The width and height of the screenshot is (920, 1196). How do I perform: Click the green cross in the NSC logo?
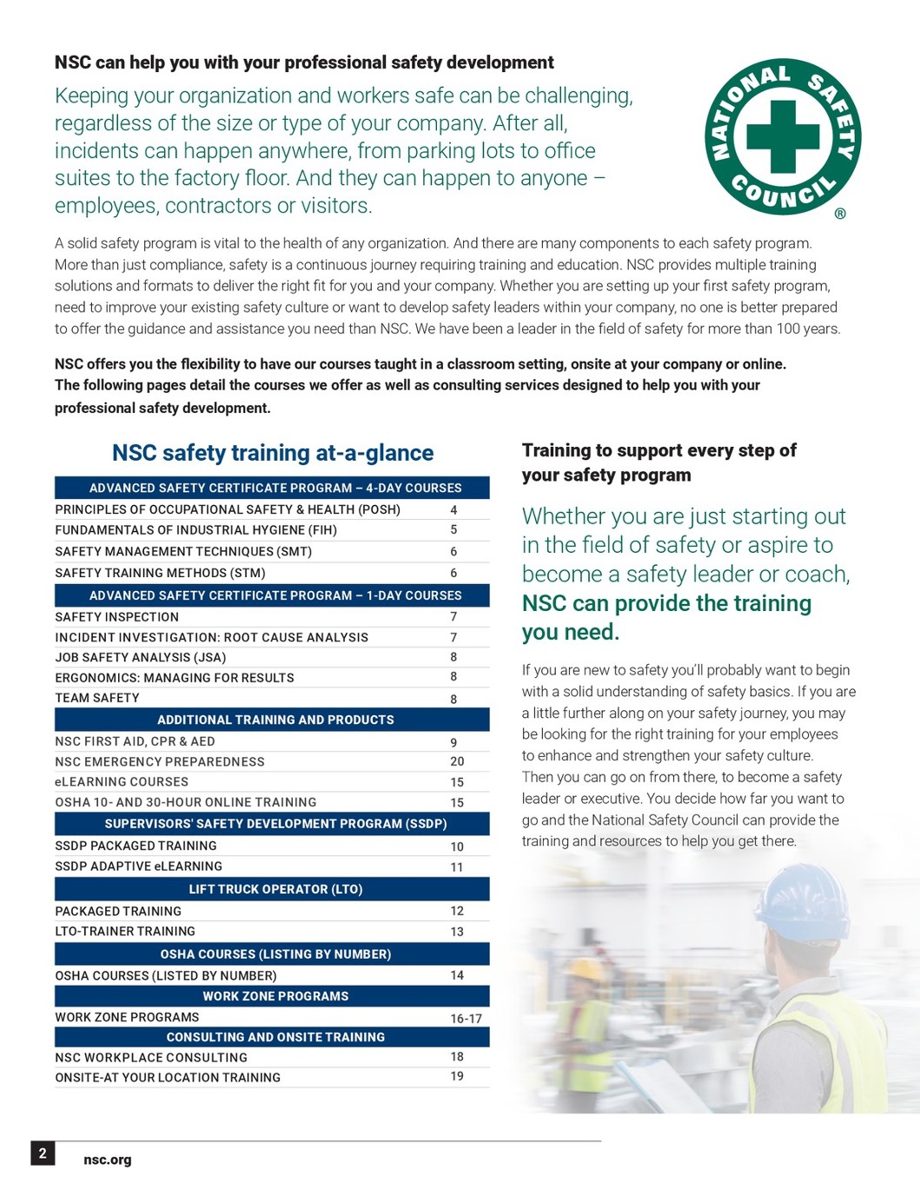coord(783,136)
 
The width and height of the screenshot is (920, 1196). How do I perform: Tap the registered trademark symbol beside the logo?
coord(840,214)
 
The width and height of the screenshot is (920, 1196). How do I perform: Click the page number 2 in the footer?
coord(43,1153)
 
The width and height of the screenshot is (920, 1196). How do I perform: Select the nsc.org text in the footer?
coord(108,1159)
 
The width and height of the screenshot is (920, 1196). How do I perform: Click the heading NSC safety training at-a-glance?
coord(273,453)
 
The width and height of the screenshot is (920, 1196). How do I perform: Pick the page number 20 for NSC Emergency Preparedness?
coord(457,761)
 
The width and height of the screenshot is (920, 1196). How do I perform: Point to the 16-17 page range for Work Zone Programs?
coord(466,1019)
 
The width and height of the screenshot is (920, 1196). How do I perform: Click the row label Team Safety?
coord(97,698)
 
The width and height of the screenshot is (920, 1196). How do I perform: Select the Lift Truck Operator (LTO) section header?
coord(275,889)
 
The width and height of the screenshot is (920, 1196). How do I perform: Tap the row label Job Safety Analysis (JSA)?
coord(141,658)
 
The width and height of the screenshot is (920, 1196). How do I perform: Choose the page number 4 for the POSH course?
coord(453,510)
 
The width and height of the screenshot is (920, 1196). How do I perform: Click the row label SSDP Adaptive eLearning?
coord(139,867)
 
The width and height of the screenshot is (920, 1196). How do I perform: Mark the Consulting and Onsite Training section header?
coord(275,1037)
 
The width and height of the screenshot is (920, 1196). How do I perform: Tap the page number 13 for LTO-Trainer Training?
coord(457,932)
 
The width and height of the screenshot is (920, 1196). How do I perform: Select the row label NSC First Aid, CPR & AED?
coord(135,741)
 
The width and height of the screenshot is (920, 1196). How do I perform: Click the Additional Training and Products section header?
coord(275,720)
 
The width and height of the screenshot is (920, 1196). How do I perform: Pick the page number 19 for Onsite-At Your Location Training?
coord(457,1077)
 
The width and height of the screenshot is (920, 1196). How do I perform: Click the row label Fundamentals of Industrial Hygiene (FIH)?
coord(195,530)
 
